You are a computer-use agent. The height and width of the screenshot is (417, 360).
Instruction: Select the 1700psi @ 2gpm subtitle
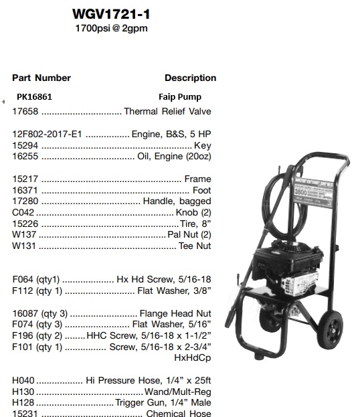[111, 29]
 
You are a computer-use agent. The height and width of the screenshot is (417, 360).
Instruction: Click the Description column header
[190, 78]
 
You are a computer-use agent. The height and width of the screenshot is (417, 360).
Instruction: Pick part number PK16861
[35, 97]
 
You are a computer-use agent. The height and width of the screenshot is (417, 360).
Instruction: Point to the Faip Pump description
[179, 97]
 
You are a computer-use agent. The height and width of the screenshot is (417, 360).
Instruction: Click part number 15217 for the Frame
[25, 179]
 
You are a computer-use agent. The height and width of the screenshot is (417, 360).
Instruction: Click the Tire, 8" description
[195, 224]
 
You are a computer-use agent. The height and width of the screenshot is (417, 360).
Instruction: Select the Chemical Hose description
[179, 414]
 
